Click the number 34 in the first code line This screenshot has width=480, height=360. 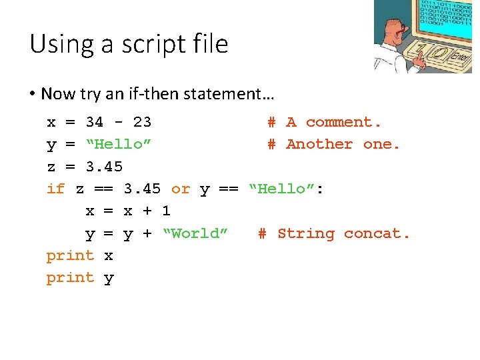click(x=95, y=122)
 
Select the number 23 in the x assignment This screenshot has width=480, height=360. click(x=142, y=122)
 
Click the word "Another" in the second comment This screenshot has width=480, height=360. click(x=319, y=144)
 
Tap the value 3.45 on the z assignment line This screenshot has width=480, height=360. click(x=104, y=166)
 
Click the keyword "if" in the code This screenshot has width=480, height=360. click(x=55, y=189)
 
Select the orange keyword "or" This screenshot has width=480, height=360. click(x=181, y=189)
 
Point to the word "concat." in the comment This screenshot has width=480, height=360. click(x=377, y=233)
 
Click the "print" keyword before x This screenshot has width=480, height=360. click(x=70, y=256)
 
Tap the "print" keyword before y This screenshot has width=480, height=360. click(x=70, y=278)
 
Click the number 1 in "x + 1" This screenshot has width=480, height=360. click(x=166, y=211)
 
